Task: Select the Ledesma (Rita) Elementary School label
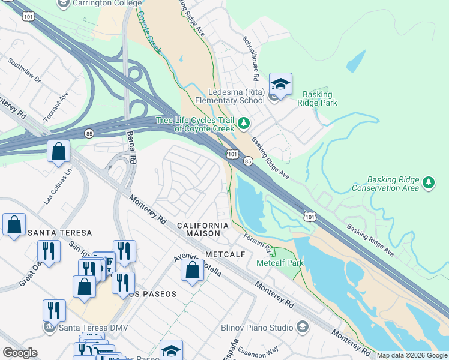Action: pyautogui.click(x=235, y=96)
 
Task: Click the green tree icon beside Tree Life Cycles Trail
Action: pyautogui.click(x=243, y=124)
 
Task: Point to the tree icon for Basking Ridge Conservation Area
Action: pyautogui.click(x=428, y=182)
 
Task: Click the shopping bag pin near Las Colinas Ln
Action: pyautogui.click(x=59, y=152)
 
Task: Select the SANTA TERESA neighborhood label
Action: pyautogui.click(x=59, y=233)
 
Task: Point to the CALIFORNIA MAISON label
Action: pyautogui.click(x=203, y=229)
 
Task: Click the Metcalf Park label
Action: pyautogui.click(x=280, y=263)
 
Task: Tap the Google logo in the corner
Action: pyautogui.click(x=20, y=353)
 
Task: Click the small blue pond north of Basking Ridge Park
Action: pyautogui.click(x=355, y=61)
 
